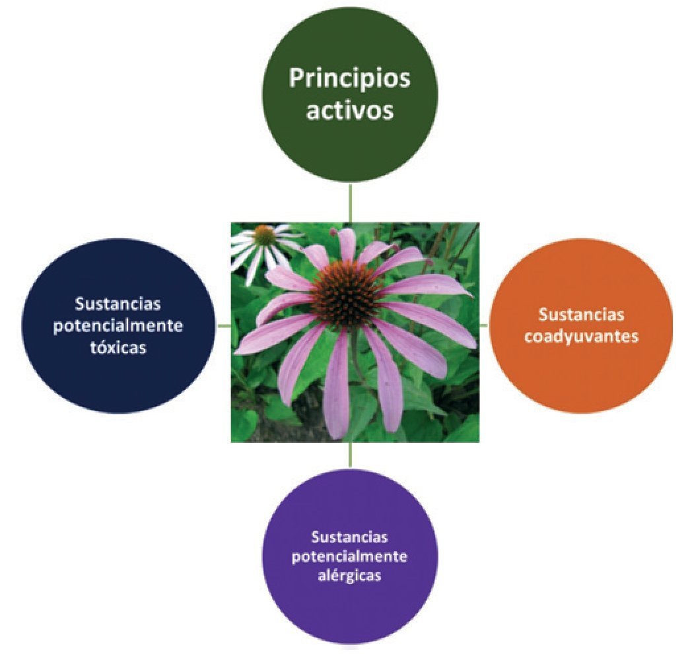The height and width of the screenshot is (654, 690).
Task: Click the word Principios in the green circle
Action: click(x=349, y=80)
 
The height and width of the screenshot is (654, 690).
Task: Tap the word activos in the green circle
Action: click(x=349, y=110)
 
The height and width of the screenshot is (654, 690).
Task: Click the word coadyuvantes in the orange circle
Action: click(x=581, y=336)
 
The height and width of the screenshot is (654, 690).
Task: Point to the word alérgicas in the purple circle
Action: click(x=349, y=575)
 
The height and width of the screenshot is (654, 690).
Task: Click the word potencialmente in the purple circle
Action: click(x=349, y=556)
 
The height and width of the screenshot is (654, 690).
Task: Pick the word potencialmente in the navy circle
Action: click(x=119, y=326)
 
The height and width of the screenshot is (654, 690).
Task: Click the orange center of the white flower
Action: click(x=264, y=234)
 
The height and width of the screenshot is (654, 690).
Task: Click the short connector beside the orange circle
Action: click(x=483, y=325)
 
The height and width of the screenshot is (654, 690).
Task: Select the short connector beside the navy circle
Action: click(x=224, y=325)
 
